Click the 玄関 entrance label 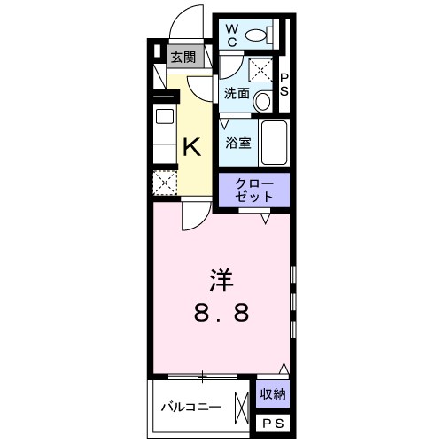pyautogui.click(x=184, y=59)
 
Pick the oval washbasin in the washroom pyautogui.click(x=263, y=102)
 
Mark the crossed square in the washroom pyautogui.click(x=261, y=69)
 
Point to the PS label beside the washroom pyautogui.click(x=285, y=86)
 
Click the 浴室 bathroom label pyautogui.click(x=237, y=142)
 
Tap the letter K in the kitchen pyautogui.click(x=190, y=146)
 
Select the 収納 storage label pyautogui.click(x=272, y=393)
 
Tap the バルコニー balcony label pyautogui.click(x=190, y=408)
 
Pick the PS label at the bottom pyautogui.click(x=272, y=425)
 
